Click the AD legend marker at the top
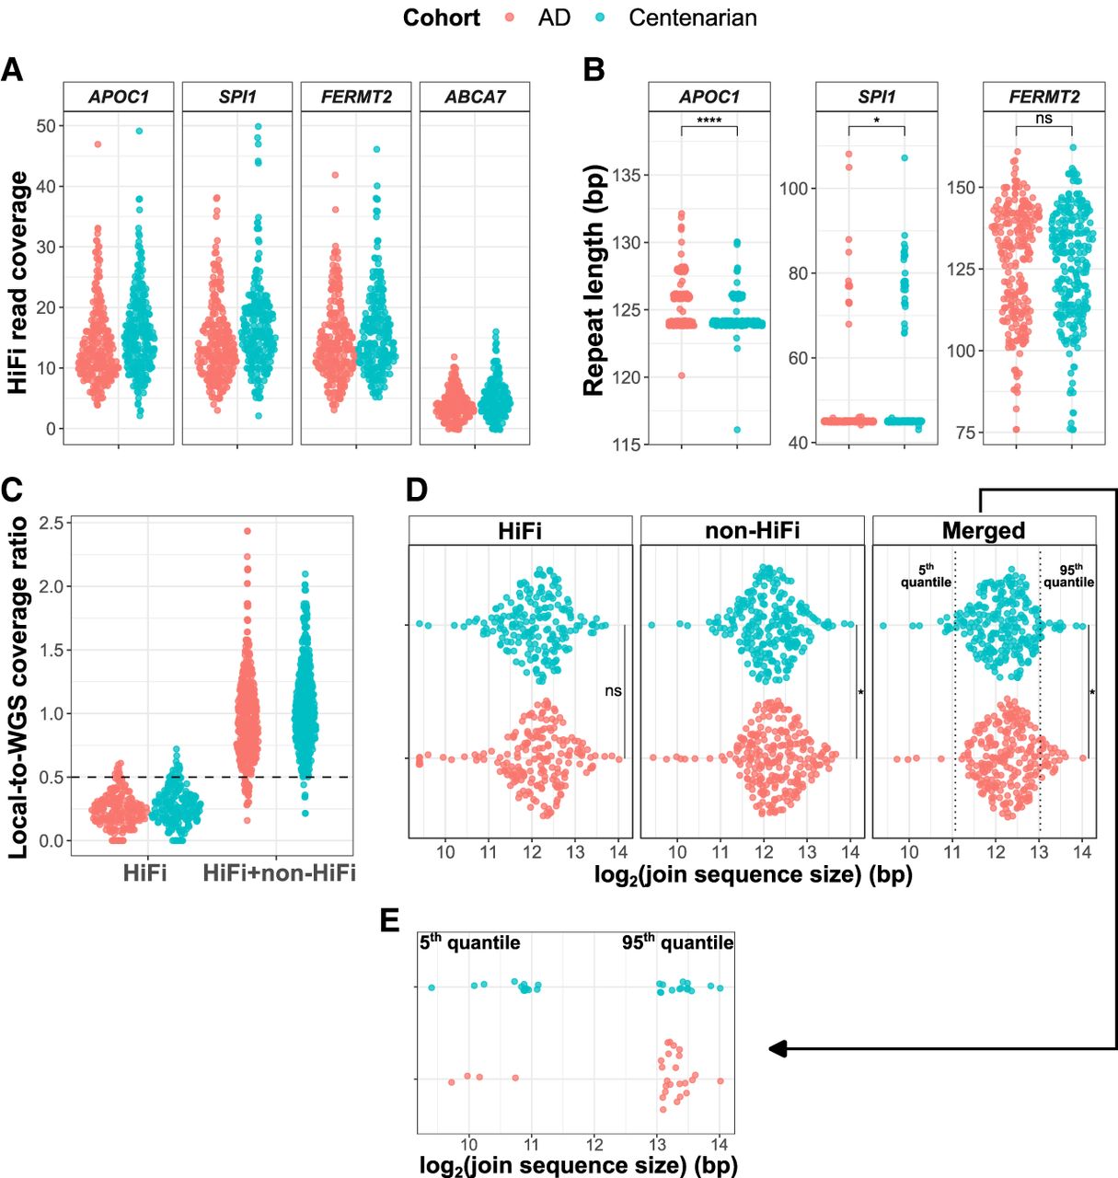[x=507, y=17]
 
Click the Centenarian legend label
[x=692, y=17]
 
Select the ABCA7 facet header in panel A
[x=475, y=97]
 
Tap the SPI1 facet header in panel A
[x=237, y=97]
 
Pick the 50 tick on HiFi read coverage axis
[x=45, y=125]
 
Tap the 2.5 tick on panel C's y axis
[x=52, y=524]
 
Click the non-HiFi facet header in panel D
[x=752, y=530]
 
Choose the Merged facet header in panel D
[x=984, y=530]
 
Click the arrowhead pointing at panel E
[x=778, y=1048]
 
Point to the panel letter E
[x=390, y=922]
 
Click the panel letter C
[x=12, y=491]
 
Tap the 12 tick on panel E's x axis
[x=594, y=1144]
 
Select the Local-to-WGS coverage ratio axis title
[x=17, y=688]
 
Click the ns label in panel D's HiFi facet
[x=613, y=690]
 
